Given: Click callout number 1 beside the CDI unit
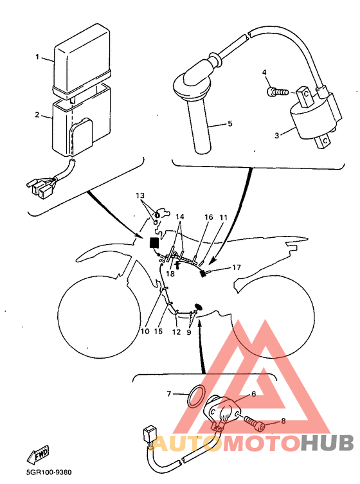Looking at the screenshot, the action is (x=37, y=57).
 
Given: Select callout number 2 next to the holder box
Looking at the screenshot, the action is (x=37, y=115).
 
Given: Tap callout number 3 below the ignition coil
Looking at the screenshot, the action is (x=277, y=135).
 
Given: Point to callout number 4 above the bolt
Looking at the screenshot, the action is (x=264, y=73).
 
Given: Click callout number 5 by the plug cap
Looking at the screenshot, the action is (x=230, y=123).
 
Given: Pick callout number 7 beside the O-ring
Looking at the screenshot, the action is (x=169, y=394).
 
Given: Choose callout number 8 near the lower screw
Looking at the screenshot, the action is (x=283, y=421).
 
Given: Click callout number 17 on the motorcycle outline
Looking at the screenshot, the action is (x=237, y=267).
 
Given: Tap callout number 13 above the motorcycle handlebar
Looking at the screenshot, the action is (x=140, y=195).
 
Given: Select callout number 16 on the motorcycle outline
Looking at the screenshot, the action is (x=209, y=217).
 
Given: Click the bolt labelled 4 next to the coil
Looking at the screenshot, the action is (x=278, y=92).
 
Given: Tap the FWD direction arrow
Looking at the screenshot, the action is (x=38, y=454).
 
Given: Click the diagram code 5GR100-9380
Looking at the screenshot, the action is (x=49, y=472).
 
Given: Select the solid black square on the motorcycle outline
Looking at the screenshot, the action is (x=154, y=242).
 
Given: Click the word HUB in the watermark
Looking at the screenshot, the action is (x=327, y=443).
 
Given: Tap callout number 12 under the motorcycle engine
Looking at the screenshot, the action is (x=176, y=332).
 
